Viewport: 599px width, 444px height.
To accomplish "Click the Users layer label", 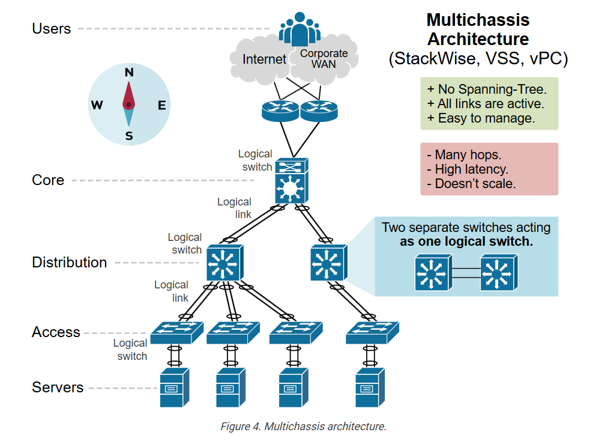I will [x=51, y=28].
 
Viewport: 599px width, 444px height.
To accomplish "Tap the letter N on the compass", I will [x=128, y=73].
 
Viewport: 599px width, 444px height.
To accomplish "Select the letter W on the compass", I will [x=97, y=106].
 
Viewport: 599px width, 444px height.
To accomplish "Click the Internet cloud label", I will [x=264, y=59].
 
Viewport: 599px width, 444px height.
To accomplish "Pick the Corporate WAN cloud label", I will [x=324, y=58].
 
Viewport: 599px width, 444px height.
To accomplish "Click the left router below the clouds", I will [x=280, y=110].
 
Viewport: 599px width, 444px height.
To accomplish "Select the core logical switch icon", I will [x=291, y=181].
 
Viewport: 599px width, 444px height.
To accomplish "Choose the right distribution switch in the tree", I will [x=328, y=263].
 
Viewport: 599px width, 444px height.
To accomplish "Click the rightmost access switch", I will [x=372, y=332].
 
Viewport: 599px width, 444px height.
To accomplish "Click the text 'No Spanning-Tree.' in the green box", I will [x=492, y=90].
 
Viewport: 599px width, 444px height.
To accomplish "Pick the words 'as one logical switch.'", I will [x=466, y=242].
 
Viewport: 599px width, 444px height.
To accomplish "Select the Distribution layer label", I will [x=69, y=263].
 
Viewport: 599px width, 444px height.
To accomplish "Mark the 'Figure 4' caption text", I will [x=303, y=427].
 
